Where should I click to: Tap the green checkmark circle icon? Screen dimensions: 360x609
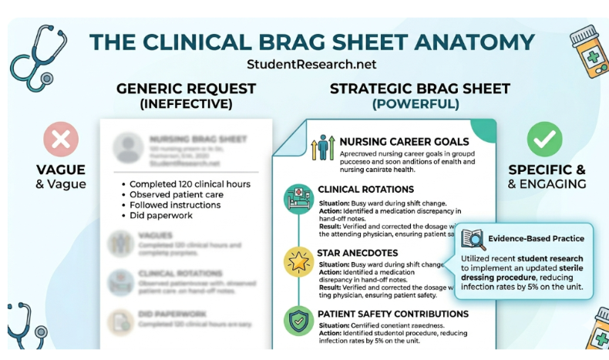[545, 140]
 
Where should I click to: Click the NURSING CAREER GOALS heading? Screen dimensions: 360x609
[404, 142]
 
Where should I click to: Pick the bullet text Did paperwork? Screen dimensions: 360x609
[163, 217]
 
